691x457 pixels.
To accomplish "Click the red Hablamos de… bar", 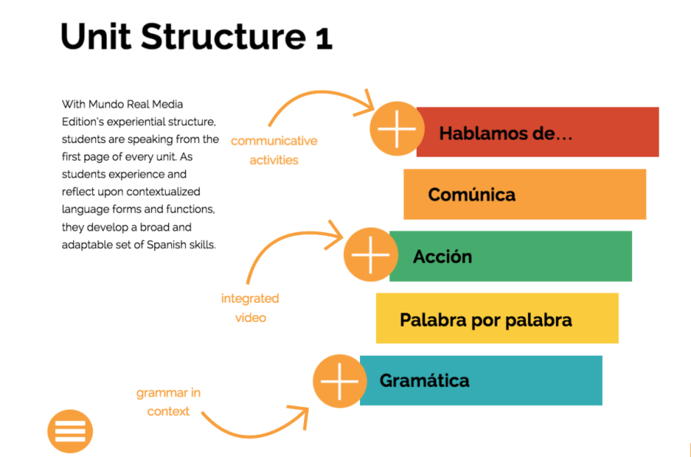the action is tap(537, 132).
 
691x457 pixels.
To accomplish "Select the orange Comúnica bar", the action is tap(525, 194).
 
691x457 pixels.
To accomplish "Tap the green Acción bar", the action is tap(511, 257).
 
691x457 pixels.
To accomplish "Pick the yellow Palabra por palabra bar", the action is tap(497, 318).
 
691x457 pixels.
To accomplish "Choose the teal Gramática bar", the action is tap(481, 380).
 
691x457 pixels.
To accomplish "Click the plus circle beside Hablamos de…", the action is tap(397, 129).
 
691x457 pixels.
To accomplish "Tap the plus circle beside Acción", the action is tap(371, 255).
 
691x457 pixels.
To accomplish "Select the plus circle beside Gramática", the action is tap(340, 381).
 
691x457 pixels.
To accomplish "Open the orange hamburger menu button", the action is tap(70, 431).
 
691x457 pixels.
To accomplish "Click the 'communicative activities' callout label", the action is tap(274, 151).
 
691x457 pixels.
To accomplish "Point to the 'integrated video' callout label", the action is tap(250, 308).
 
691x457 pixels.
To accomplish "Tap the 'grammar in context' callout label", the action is tap(168, 402).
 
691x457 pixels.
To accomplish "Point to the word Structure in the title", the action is tap(223, 36).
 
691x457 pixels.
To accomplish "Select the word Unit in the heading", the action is tap(96, 36).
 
